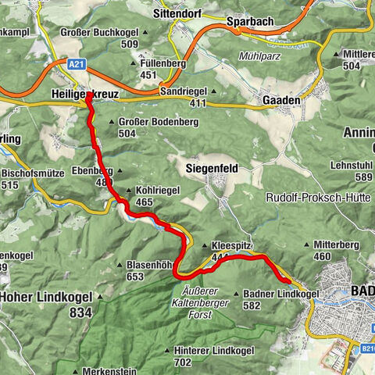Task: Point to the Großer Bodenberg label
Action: [x=149, y=122]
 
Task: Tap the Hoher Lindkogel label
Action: [x=47, y=297]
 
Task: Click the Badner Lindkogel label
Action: [x=281, y=294]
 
